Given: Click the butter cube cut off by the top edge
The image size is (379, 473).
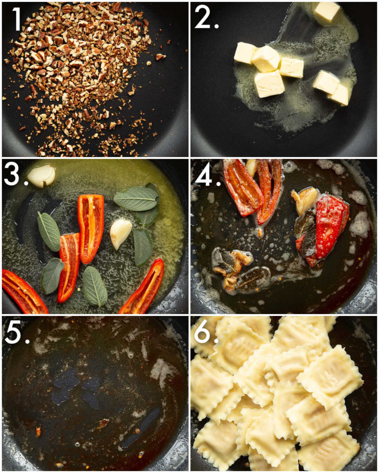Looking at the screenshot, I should click(x=327, y=11).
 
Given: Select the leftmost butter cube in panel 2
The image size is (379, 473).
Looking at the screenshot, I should click(x=245, y=53).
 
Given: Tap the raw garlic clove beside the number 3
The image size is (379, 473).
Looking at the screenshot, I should click(x=42, y=176).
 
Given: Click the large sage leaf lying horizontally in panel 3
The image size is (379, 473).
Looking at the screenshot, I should click(x=136, y=199).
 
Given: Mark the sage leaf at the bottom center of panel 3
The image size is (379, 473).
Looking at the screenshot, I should click(x=95, y=286).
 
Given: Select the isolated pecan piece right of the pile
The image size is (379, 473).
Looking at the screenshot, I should click(x=160, y=56).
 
